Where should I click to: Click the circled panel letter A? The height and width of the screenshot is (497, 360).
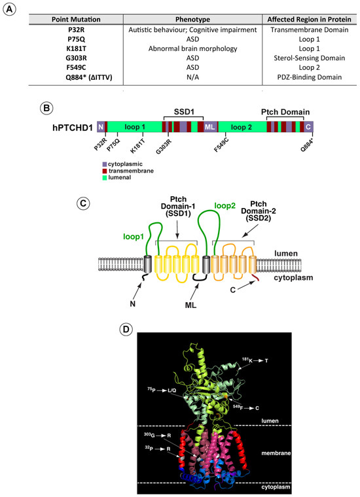pyautogui.click(x=9, y=9)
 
